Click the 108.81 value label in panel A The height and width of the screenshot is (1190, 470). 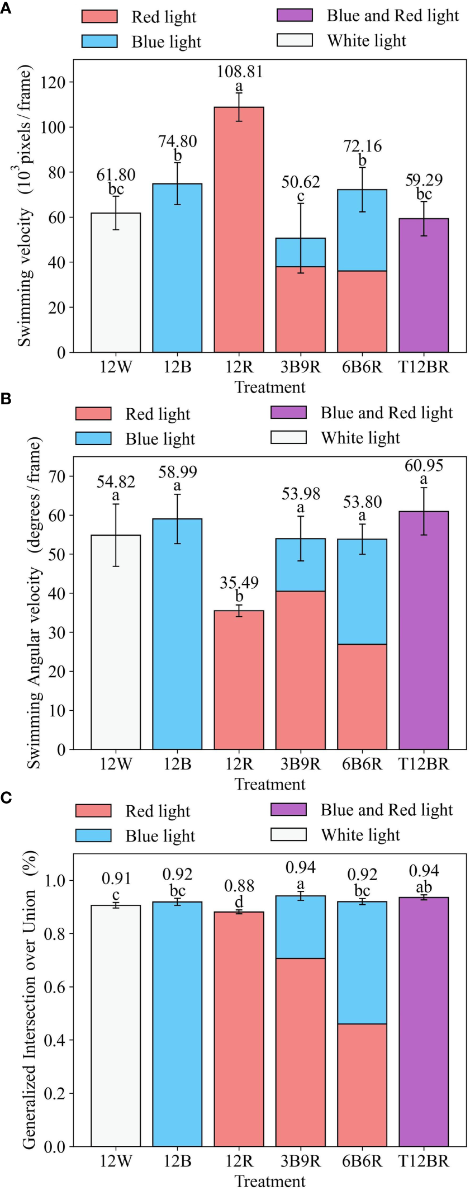coord(239,72)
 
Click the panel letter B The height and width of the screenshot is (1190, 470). coord(6,399)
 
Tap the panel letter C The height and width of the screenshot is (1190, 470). coord(6,797)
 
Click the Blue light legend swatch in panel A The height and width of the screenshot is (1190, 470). coord(99,41)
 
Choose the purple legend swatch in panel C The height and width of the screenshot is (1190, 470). coord(288,809)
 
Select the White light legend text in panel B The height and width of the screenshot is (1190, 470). coord(360,438)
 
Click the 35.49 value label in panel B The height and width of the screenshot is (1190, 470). coord(239,583)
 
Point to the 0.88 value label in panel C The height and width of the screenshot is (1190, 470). coord(239,886)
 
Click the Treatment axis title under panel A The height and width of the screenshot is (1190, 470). coord(270,387)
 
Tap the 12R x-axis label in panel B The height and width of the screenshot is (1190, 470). coord(239,764)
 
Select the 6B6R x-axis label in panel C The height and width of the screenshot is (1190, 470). coord(362,1161)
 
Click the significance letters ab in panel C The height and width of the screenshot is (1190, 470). coord(424,887)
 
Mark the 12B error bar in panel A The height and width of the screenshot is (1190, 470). coord(178,183)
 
